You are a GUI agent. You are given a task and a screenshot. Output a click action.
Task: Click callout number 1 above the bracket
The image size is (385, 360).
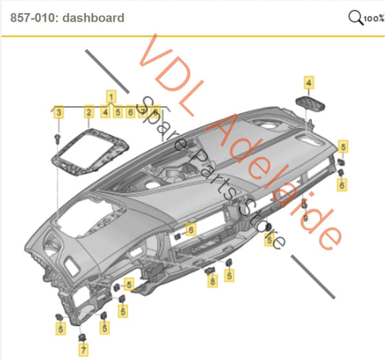pyautogui.click(x=112, y=95)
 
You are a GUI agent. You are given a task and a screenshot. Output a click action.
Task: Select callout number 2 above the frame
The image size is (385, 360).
pyautogui.click(x=88, y=112)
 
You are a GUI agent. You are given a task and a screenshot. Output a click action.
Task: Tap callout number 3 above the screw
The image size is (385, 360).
pyautogui.click(x=59, y=112)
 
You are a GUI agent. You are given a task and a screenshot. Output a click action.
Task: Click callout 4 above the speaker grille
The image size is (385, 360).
pyautogui.click(x=308, y=84)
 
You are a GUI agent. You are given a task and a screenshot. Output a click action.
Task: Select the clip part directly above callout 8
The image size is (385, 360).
pyautogui.click(x=212, y=270)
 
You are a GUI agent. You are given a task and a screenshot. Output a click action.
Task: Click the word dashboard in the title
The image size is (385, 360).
pyautogui.click(x=94, y=17)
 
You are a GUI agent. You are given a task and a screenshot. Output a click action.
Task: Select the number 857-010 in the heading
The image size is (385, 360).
pyautogui.click(x=33, y=17)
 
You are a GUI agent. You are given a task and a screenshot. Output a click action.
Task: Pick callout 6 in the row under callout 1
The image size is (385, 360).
pyautogui.click(x=129, y=112)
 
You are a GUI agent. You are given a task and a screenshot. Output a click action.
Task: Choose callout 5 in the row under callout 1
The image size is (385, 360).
pyautogui.click(x=117, y=112)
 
